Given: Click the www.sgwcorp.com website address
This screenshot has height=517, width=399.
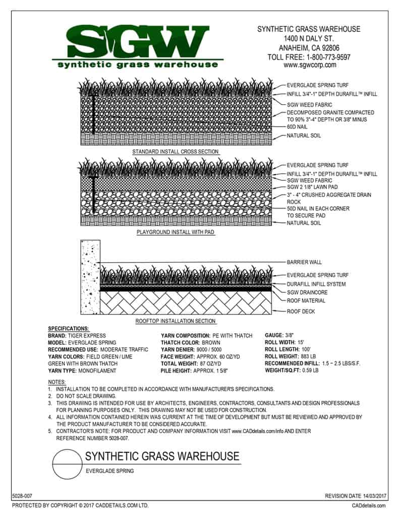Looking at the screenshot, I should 309,65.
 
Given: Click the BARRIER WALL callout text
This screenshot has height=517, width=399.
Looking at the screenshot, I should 304,263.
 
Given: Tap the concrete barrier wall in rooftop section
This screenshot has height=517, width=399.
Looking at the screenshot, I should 90,278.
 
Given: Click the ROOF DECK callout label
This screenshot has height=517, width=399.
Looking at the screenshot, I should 301,312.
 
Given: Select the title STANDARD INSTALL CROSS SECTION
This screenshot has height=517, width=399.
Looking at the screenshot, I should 176,151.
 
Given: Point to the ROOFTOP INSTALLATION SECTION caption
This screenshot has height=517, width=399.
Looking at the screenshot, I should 176,321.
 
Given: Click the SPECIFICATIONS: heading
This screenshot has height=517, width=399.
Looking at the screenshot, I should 68,329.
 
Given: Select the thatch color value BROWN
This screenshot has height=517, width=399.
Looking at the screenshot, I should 211,343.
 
